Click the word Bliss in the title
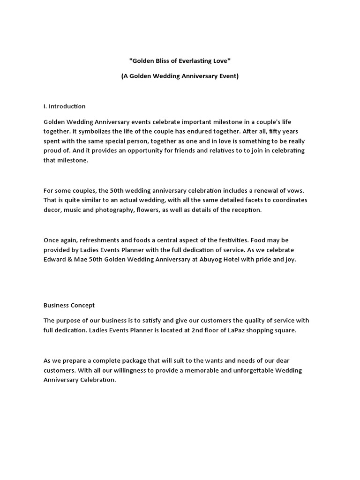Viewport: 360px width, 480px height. pos(166,61)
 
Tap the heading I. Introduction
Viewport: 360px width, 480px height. pos(65,106)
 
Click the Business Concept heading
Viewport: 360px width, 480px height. pos(69,305)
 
